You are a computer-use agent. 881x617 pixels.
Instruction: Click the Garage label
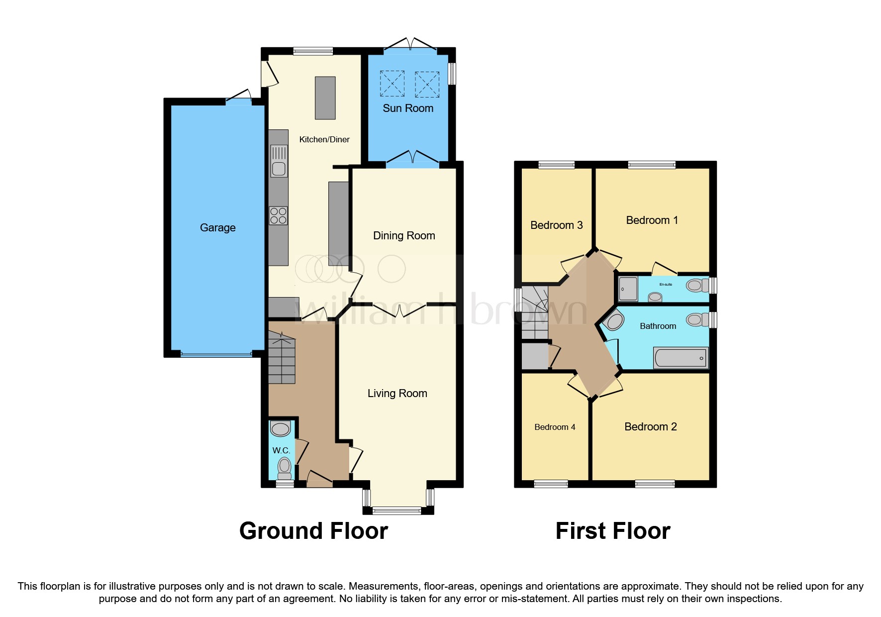point(217,228)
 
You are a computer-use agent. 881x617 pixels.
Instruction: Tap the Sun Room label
point(408,108)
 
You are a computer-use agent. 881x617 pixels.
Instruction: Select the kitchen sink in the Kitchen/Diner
point(279,161)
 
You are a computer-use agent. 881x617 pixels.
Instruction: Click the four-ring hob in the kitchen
point(279,216)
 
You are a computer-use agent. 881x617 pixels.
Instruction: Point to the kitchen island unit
point(325,98)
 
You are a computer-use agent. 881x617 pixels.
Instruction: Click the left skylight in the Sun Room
point(392,84)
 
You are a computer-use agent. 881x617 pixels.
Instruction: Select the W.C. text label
point(281,450)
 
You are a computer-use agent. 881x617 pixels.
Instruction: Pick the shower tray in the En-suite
point(628,289)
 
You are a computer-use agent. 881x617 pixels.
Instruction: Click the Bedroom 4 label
point(555,427)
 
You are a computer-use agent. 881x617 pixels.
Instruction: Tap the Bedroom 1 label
point(652,220)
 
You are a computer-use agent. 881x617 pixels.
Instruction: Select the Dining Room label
point(404,236)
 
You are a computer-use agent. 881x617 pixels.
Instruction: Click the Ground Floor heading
point(313,531)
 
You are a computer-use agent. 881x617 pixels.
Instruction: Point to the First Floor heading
point(612,531)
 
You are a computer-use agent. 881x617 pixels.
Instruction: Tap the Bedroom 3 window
point(556,165)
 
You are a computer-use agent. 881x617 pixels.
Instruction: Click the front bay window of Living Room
point(397,510)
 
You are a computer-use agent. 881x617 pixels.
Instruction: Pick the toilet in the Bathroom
point(697,319)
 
